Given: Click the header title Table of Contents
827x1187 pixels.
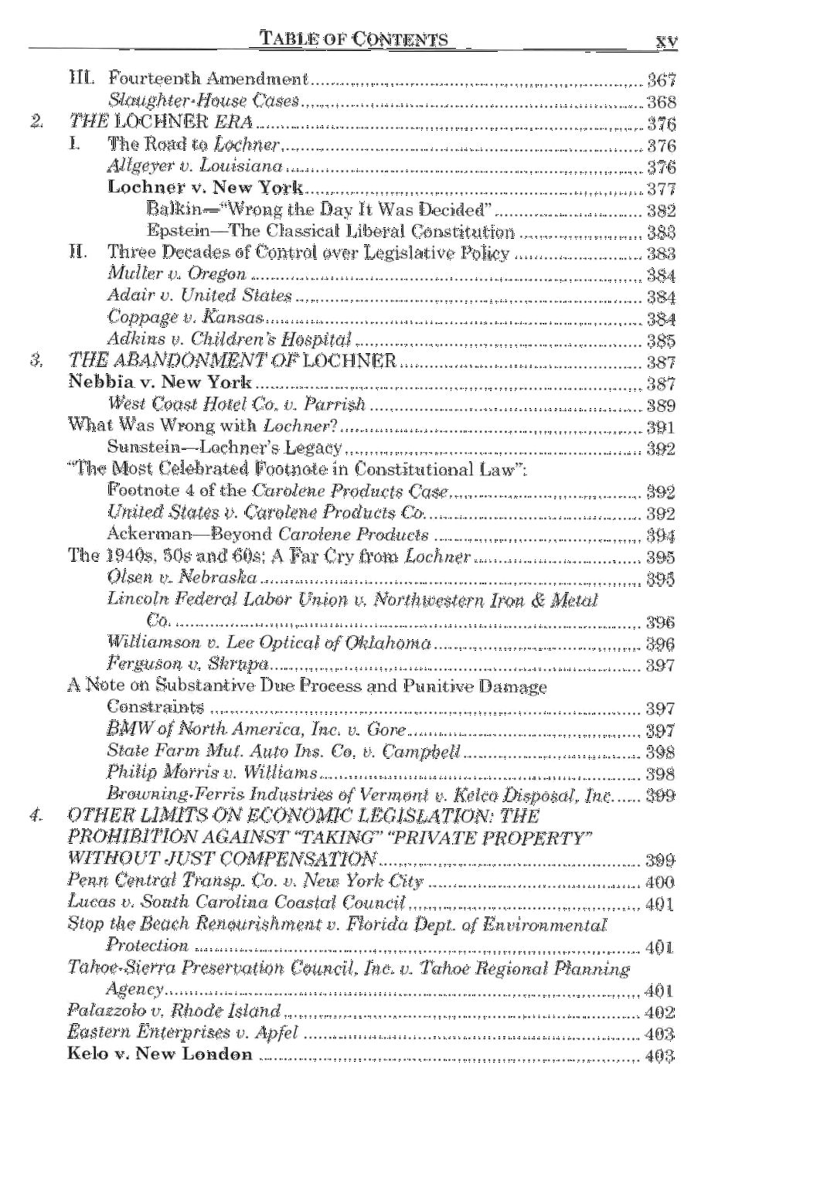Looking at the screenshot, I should click(354, 39).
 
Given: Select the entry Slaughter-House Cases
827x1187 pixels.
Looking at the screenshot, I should click(203, 100).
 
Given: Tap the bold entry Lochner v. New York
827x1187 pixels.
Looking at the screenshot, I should click(205, 188).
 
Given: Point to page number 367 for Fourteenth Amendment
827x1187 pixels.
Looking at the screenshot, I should click(661, 80).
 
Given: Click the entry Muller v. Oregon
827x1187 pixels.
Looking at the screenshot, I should click(177, 274).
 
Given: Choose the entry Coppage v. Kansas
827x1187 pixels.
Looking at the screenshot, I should click(185, 317).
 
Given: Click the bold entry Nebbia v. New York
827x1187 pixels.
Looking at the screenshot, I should click(159, 383).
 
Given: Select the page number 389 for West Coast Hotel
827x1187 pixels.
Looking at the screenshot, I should click(661, 406).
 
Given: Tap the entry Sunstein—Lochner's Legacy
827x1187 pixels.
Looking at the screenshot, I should click(224, 448).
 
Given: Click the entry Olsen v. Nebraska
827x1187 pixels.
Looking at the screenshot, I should click(182, 577).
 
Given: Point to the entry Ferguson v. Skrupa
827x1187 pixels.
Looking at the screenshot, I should click(188, 664).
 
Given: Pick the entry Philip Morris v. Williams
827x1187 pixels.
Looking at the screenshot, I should click(213, 773).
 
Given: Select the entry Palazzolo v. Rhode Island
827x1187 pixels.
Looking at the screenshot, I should click(174, 1011).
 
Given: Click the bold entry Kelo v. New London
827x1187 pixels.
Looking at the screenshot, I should click(160, 1055).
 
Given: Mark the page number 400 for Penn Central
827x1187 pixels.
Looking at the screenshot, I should click(659, 883).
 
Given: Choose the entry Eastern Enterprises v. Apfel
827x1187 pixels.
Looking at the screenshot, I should click(182, 1033).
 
